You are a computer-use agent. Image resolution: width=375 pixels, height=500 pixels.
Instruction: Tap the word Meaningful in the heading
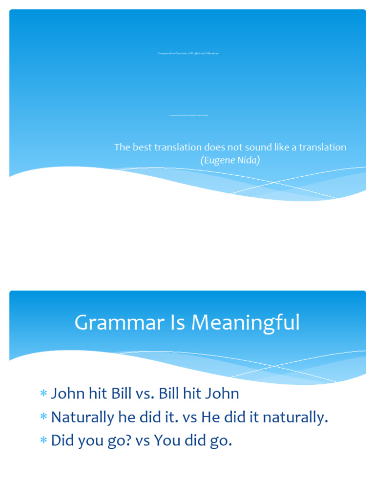tap(246, 323)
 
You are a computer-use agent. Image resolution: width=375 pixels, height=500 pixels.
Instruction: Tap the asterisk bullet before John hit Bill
tap(43, 394)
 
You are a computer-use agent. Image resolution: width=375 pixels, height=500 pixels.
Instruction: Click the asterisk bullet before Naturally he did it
tap(43, 417)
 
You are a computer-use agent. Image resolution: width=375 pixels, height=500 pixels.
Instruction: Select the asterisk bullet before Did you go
tap(43, 441)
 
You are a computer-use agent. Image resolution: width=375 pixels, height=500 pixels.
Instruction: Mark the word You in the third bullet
tap(167, 441)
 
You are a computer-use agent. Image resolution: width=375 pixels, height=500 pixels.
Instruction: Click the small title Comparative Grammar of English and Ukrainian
tap(188, 53)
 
